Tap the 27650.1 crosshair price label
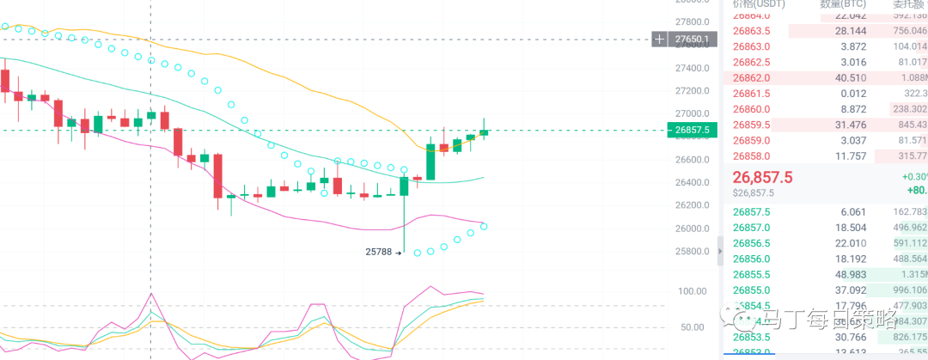pos(692,40)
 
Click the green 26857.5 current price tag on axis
pos(692,131)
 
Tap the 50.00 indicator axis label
pos(692,327)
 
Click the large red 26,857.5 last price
pos(763,176)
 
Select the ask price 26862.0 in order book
pos(752,77)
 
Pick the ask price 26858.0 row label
pos(752,156)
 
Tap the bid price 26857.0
pos(752,228)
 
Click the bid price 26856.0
pos(752,259)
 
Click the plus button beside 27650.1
pos(659,40)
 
